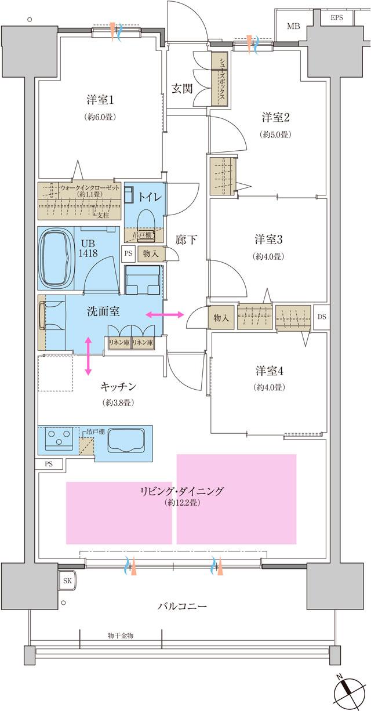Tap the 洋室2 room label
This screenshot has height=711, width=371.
(x=275, y=118)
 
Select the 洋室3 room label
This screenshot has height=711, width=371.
(x=268, y=240)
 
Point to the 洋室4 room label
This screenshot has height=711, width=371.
(x=268, y=370)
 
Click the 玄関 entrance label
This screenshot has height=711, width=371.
(x=183, y=88)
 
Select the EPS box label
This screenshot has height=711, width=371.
(x=337, y=18)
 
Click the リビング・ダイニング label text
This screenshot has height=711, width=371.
(x=181, y=491)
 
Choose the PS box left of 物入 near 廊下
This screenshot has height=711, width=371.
(x=128, y=253)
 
